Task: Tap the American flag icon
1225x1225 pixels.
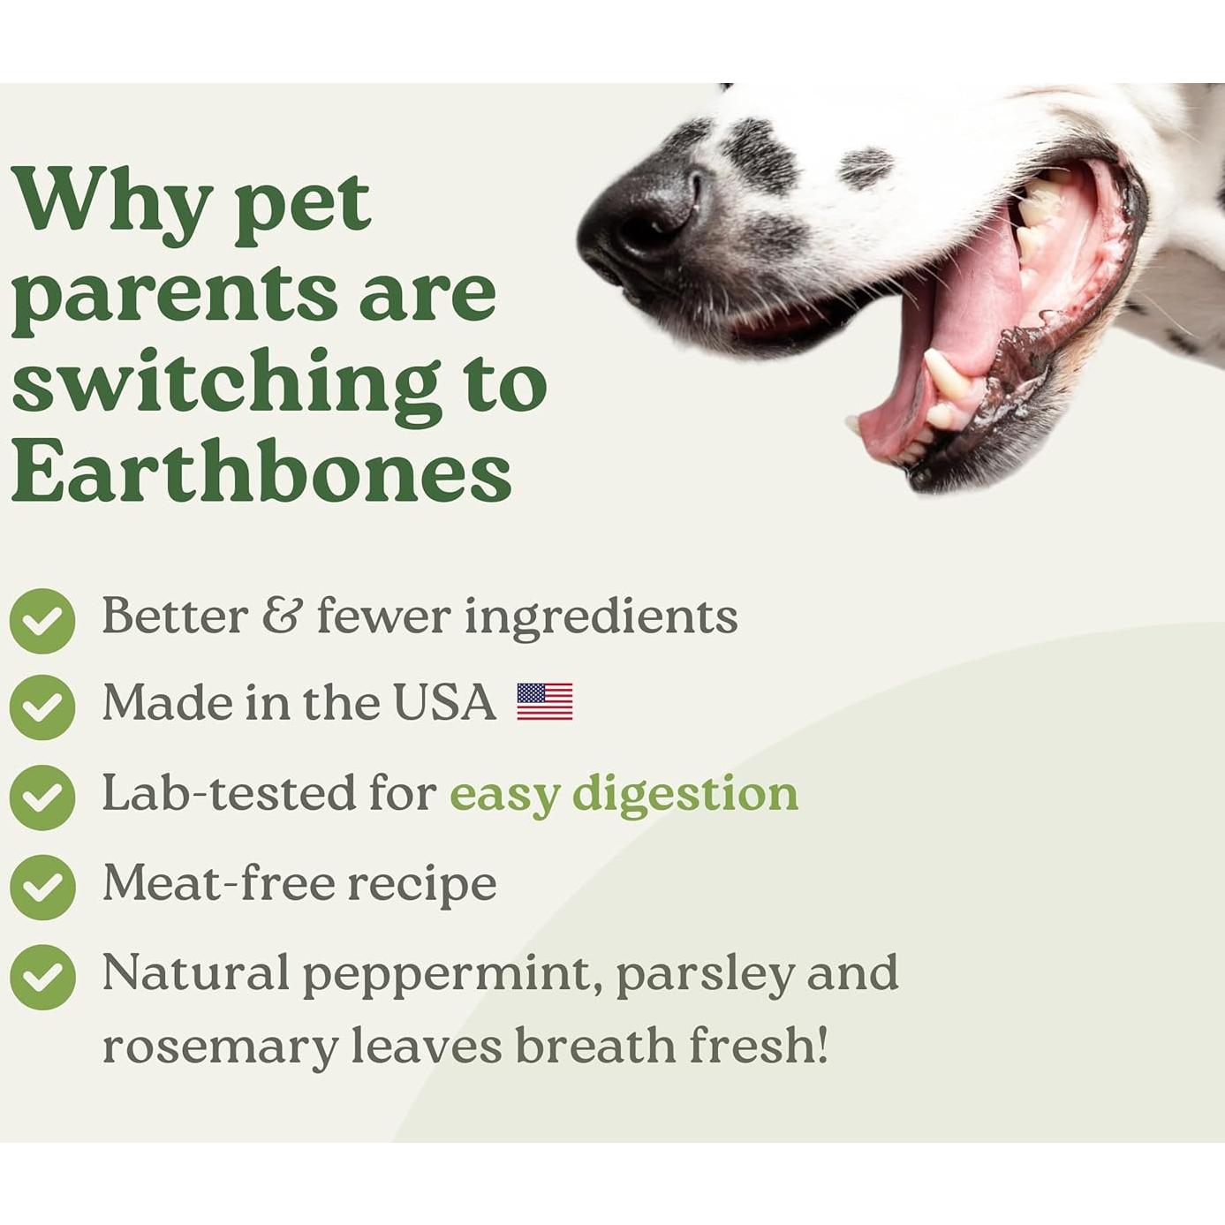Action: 545,701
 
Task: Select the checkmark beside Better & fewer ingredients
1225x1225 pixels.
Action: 42,620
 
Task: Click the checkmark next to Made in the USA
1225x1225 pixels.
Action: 42,707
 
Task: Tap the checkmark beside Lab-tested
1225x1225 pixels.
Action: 42,798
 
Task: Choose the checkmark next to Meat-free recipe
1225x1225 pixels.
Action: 42,888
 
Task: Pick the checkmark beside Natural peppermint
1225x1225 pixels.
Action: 42,977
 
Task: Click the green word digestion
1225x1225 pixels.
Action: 685,795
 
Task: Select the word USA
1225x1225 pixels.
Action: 444,702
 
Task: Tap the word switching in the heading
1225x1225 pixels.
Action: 226,386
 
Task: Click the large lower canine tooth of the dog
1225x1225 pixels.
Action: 947,375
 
